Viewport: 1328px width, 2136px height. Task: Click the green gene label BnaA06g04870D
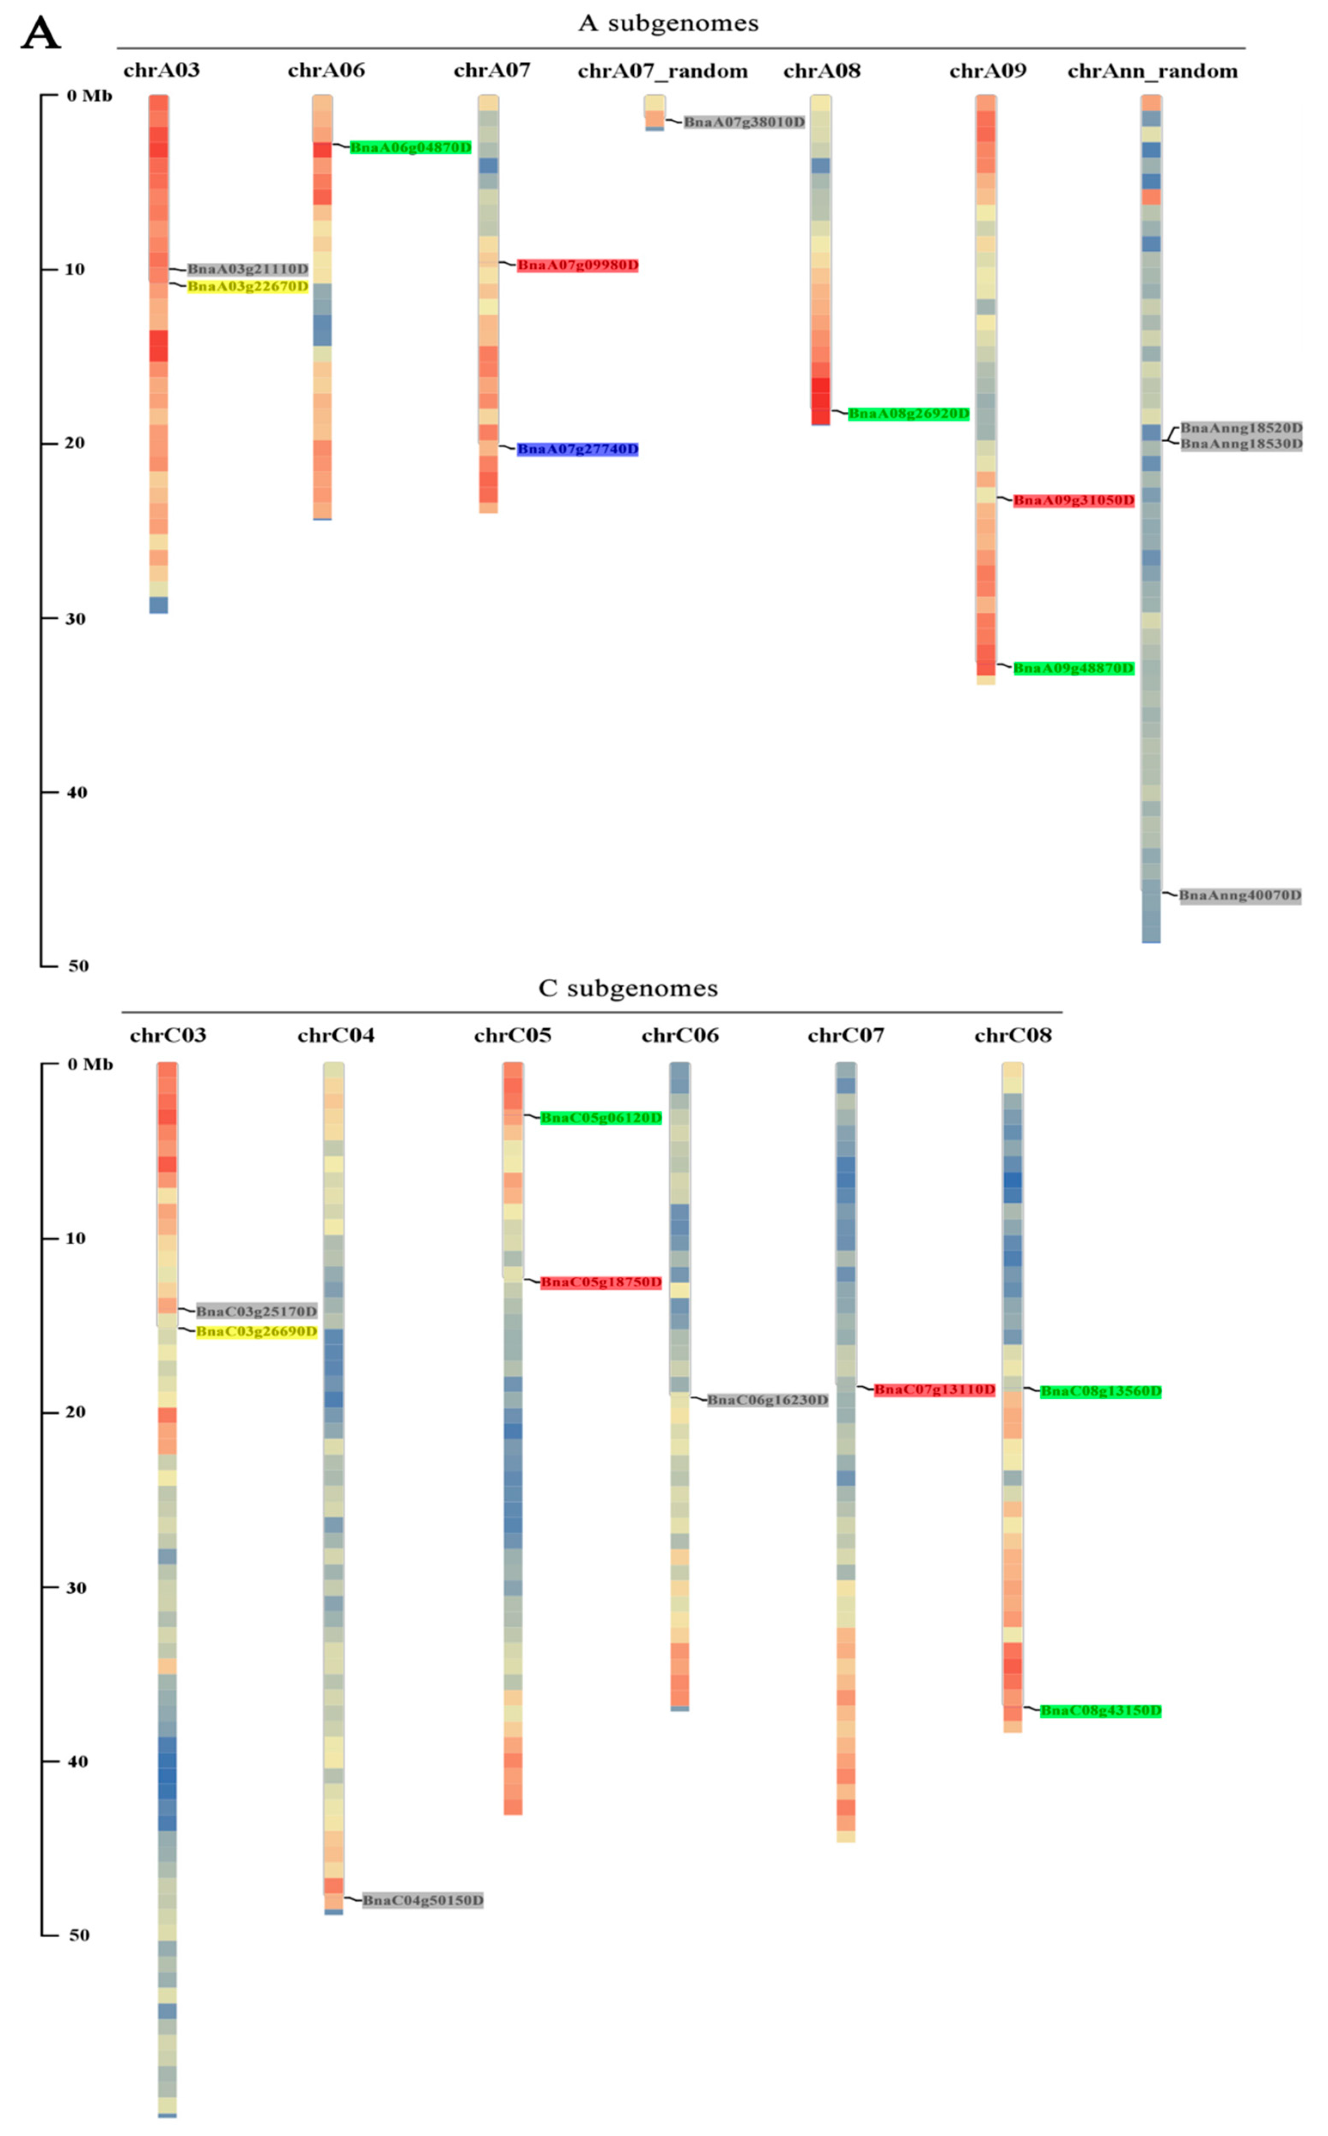(x=410, y=148)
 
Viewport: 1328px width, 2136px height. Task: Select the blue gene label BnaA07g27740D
(x=577, y=450)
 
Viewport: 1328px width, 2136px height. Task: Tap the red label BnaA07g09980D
(x=577, y=265)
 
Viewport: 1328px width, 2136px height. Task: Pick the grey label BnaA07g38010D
(x=744, y=122)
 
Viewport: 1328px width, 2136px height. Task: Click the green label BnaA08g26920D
(x=908, y=413)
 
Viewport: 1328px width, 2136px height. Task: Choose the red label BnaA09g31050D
(x=1073, y=501)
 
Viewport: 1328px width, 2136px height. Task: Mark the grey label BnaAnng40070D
(x=1239, y=896)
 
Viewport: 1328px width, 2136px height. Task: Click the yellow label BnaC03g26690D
(x=256, y=1331)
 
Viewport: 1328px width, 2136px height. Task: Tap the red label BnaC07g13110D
(x=935, y=1389)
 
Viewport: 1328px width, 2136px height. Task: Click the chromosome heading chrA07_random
(x=662, y=71)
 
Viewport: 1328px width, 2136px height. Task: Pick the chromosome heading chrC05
(x=512, y=1036)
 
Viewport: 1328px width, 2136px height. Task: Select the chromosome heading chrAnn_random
(x=1152, y=71)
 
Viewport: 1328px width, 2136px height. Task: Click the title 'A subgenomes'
(x=669, y=24)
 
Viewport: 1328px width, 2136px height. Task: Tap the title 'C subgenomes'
(x=628, y=989)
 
